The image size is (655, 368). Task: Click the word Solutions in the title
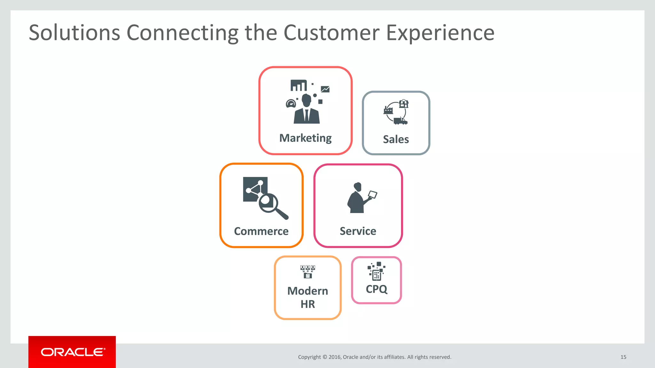point(74,33)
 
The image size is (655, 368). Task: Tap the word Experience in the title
point(440,33)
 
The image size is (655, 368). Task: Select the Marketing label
point(305,138)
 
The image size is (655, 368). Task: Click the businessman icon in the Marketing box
point(306,110)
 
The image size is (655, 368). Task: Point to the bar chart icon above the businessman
point(298,85)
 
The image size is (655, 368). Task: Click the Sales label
point(396,139)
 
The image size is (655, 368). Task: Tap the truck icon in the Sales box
point(400,121)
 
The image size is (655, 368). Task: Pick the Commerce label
point(261,231)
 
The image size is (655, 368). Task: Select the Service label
point(358,231)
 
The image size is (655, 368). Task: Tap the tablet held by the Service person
point(373,194)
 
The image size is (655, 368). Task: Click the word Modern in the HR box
point(308,291)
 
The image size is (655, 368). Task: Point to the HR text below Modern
point(308,304)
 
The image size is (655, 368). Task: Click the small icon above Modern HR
point(308,272)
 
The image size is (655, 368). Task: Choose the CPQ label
point(376,289)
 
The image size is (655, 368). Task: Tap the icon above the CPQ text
point(376,271)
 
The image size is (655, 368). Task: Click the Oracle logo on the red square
point(72,352)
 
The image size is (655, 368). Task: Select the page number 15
point(623,357)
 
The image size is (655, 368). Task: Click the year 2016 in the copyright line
point(335,357)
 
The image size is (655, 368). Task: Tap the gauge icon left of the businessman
point(291,103)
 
